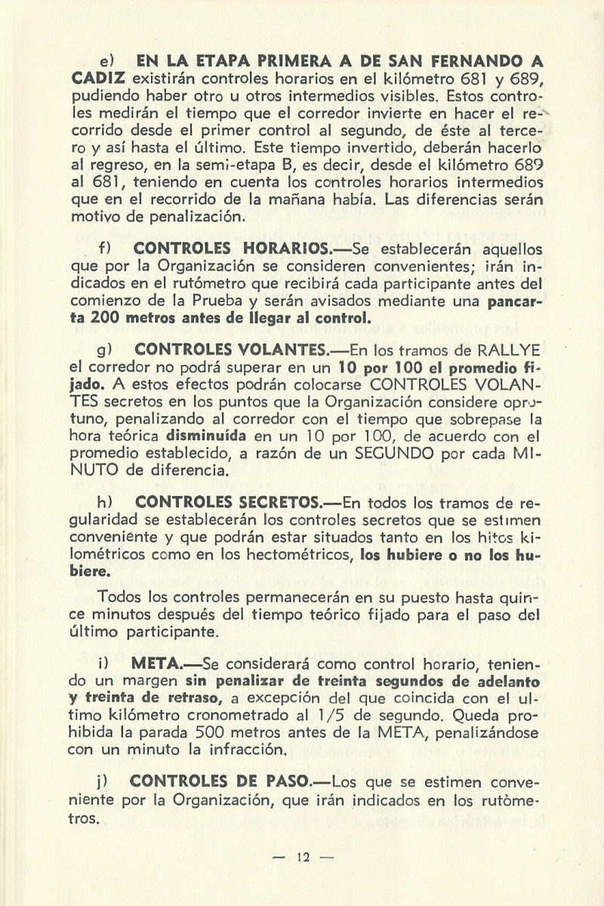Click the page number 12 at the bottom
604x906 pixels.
(305, 856)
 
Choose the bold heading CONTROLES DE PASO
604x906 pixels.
(226, 787)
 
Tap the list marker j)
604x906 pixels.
(106, 787)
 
